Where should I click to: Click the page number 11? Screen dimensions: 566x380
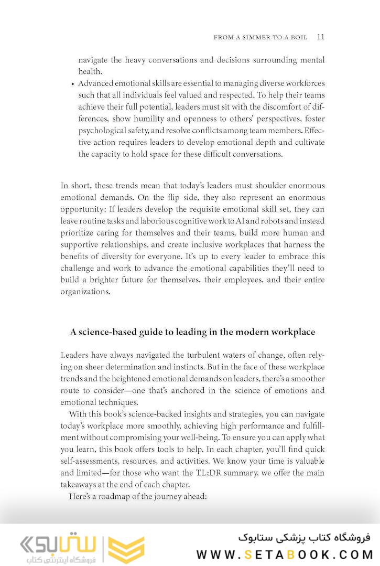(x=321, y=37)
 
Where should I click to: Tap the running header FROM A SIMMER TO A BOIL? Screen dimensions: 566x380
(x=263, y=38)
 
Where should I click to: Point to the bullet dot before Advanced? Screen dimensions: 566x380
(x=72, y=84)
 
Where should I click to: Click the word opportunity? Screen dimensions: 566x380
(x=85, y=209)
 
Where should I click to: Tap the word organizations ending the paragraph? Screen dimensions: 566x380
(x=84, y=292)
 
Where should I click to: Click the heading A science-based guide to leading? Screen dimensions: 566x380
(x=192, y=332)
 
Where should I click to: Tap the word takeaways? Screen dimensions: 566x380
(x=80, y=485)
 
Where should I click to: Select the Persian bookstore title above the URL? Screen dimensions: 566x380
(x=304, y=537)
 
